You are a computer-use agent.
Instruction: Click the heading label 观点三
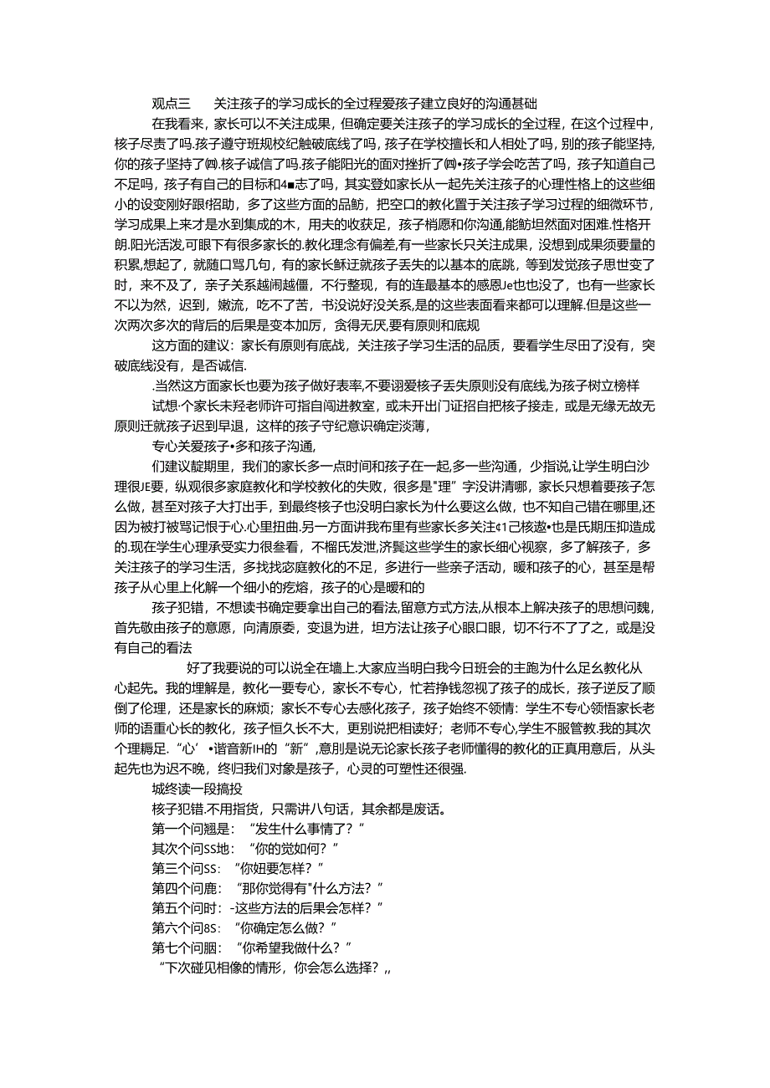point(172,104)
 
